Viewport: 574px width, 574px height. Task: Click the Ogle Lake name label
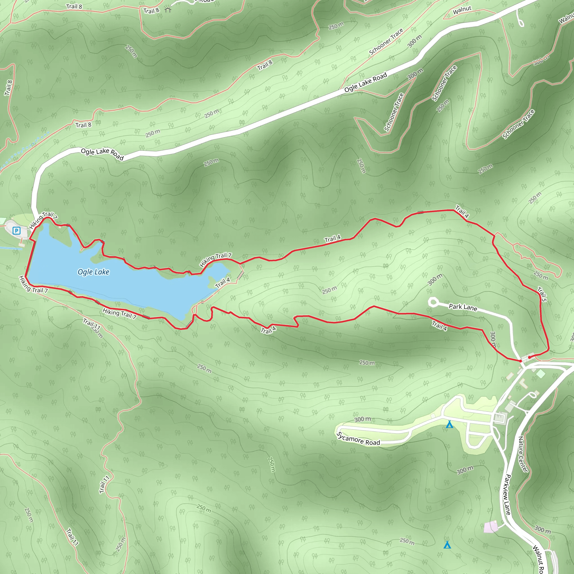(93, 272)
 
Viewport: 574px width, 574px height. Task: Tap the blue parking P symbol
(17, 230)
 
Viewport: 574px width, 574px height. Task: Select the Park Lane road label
(463, 307)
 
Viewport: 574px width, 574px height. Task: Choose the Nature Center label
(523, 454)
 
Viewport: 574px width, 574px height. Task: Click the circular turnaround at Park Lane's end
(432, 302)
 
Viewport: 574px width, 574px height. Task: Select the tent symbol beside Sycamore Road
(450, 424)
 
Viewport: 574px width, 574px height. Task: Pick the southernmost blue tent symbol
(447, 545)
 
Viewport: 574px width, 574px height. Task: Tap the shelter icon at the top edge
(168, 10)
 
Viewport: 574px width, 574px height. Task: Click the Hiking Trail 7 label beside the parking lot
(43, 220)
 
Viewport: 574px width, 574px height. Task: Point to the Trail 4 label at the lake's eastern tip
(223, 282)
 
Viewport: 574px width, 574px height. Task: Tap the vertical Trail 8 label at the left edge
(8, 88)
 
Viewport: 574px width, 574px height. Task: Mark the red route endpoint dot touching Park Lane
(520, 361)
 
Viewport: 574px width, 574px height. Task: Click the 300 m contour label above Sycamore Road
(363, 419)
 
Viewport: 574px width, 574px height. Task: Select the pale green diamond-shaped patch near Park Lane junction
(541, 373)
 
